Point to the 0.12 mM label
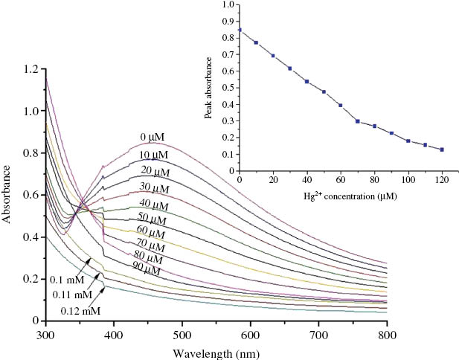pyautogui.click(x=80, y=310)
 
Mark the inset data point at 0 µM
pyautogui.click(x=239, y=30)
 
